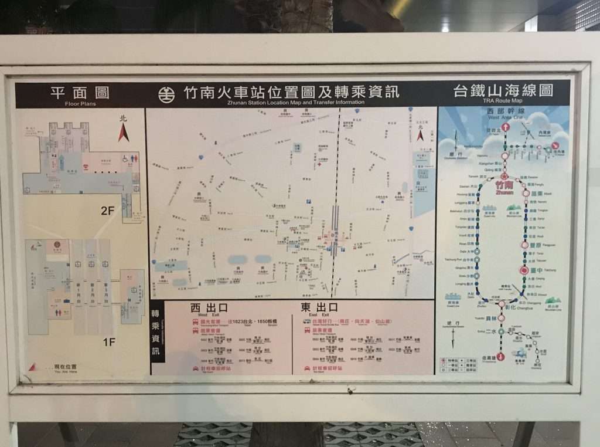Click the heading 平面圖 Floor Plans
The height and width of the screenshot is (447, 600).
80,94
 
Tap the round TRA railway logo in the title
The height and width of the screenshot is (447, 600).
166,94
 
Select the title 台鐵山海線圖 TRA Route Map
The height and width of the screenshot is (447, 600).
503,92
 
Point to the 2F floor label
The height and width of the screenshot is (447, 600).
107,210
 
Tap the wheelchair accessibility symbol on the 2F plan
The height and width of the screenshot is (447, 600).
125,158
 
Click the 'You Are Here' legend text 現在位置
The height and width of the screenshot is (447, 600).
64,367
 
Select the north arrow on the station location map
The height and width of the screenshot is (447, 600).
420,134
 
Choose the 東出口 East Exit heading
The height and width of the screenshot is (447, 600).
319,308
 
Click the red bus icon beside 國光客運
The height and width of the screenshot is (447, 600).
196,322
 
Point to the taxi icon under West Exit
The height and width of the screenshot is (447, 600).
196,368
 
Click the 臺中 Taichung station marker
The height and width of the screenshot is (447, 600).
524,270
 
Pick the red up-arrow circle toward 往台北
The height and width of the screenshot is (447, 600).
505,127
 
